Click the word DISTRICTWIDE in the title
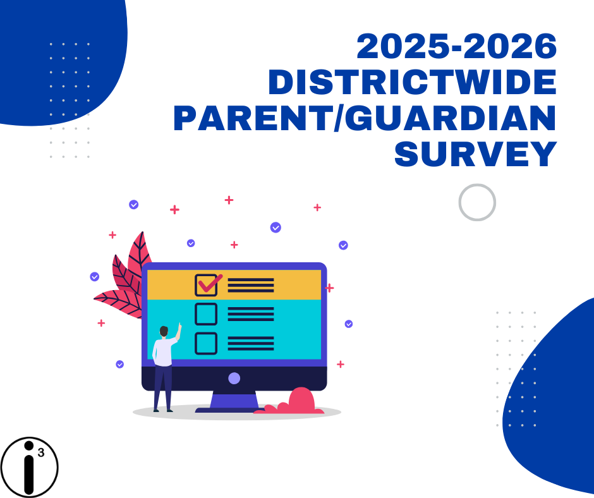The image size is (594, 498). (412, 83)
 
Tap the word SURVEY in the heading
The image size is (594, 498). (475, 154)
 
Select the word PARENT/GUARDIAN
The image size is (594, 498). (365, 119)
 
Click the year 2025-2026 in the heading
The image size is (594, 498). (457, 47)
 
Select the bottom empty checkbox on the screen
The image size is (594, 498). (206, 343)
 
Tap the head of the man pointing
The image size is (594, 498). (164, 331)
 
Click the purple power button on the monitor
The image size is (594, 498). (234, 378)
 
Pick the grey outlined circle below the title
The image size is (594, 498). (477, 202)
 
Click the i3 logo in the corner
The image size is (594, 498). (29, 466)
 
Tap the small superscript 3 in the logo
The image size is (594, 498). (41, 452)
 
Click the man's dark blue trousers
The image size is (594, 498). (163, 386)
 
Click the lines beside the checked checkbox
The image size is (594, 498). (251, 285)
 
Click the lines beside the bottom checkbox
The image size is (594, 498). (251, 344)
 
